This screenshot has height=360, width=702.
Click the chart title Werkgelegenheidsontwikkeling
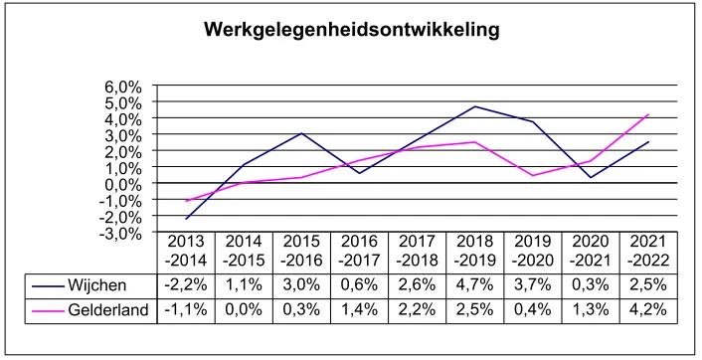pyautogui.click(x=351, y=30)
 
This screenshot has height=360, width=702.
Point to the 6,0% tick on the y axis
pyautogui.click(x=124, y=86)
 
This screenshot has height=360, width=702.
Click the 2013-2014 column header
pyautogui.click(x=186, y=252)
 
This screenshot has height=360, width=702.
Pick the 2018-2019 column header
pyautogui.click(x=475, y=252)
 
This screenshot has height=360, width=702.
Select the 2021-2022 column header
pyautogui.click(x=648, y=252)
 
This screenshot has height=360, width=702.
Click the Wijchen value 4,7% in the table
pyautogui.click(x=475, y=286)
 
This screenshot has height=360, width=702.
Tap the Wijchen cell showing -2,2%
pyautogui.click(x=186, y=286)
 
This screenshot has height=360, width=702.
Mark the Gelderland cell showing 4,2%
pyautogui.click(x=648, y=311)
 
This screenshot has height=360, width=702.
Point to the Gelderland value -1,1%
pyautogui.click(x=186, y=311)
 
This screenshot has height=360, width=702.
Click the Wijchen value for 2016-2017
pyautogui.click(x=360, y=286)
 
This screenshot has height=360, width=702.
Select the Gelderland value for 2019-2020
pyautogui.click(x=533, y=311)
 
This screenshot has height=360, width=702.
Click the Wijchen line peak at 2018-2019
pyautogui.click(x=475, y=106)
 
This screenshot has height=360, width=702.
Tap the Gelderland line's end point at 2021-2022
pyautogui.click(x=648, y=114)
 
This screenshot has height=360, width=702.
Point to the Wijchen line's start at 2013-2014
pyautogui.click(x=186, y=219)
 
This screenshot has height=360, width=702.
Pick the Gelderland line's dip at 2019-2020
pyautogui.click(x=533, y=176)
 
